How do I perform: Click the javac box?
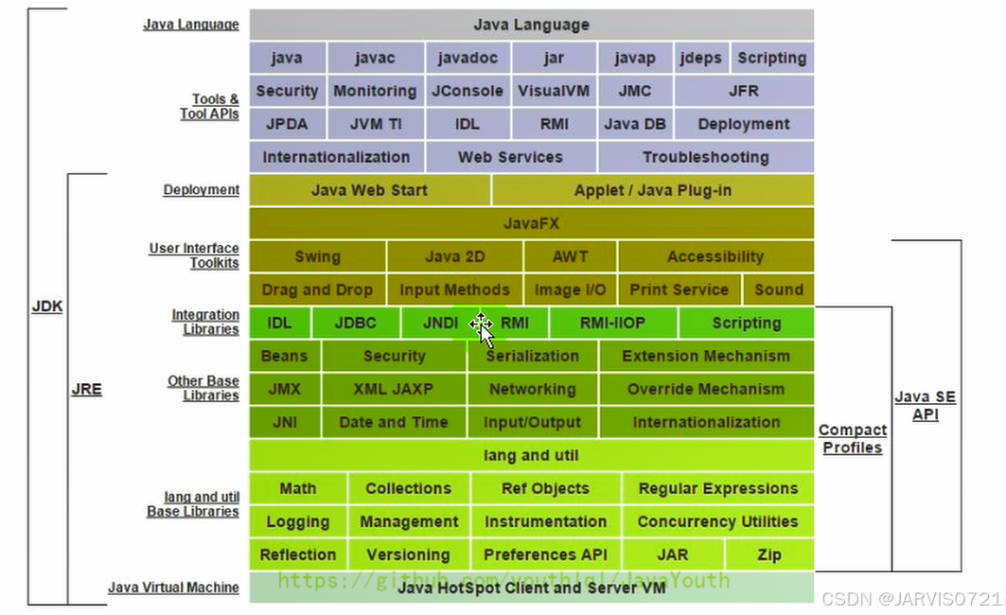click(375, 58)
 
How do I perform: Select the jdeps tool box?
click(700, 58)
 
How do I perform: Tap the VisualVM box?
click(554, 91)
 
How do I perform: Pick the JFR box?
click(744, 91)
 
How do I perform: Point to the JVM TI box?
click(375, 124)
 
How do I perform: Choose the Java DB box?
click(634, 124)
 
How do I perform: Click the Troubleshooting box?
click(705, 157)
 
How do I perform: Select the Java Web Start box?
click(369, 190)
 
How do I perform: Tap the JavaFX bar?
click(531, 223)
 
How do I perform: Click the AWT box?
click(570, 256)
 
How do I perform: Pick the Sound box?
click(779, 290)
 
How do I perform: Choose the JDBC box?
click(356, 323)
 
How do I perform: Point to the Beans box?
click(284, 356)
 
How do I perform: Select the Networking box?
click(532, 389)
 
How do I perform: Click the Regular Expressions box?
click(717, 488)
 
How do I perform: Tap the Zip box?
click(769, 554)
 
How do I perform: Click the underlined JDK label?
click(47, 307)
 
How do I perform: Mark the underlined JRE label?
click(86, 389)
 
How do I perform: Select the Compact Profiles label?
click(853, 439)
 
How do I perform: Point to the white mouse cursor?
click(482, 329)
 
